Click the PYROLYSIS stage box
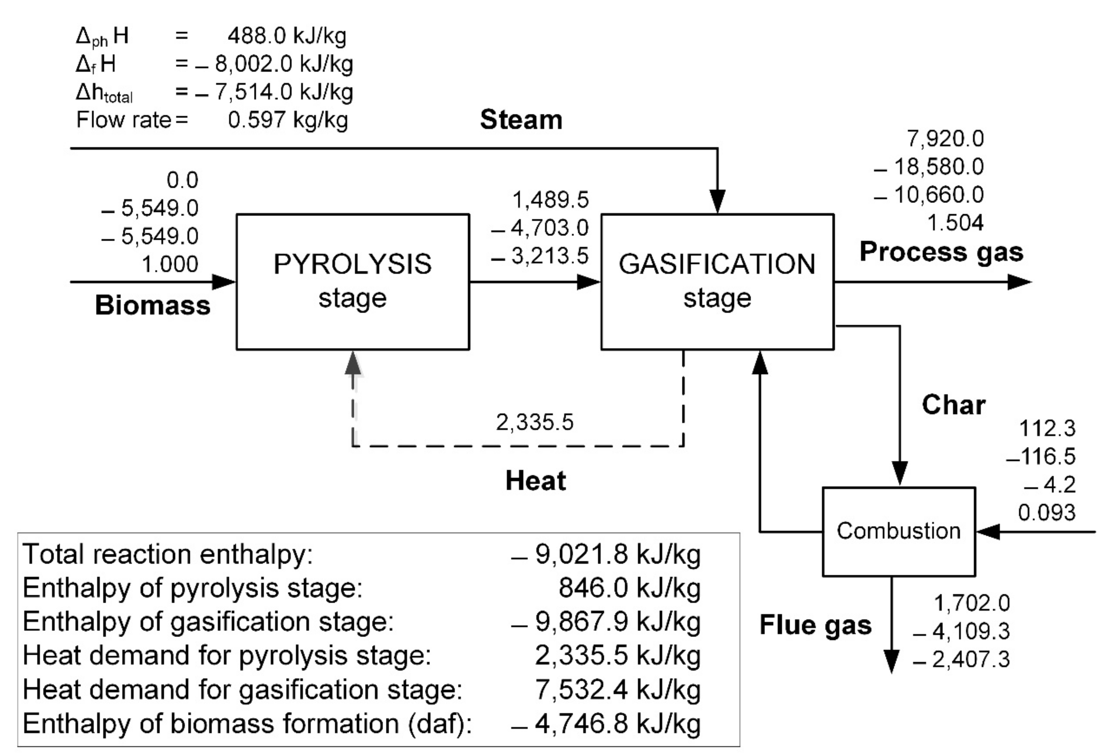352,282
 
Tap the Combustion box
898,531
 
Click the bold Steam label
521,119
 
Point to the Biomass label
153,305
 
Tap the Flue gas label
815,624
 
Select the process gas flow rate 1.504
955,223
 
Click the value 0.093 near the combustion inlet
1046,512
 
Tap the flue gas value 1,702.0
971,603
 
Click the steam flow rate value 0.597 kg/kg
287,120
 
